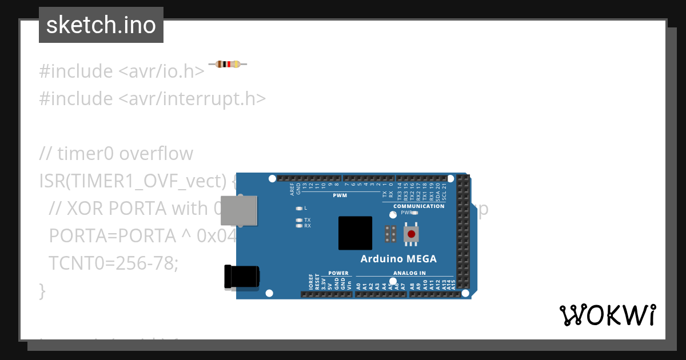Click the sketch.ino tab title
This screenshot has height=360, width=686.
coord(101,25)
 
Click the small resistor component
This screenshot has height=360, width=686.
coord(228,64)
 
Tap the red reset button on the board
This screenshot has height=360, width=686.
coord(411,234)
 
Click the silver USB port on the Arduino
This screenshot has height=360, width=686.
coord(238,210)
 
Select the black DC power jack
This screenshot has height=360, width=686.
coord(242,277)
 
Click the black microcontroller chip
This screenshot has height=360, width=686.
coord(355,233)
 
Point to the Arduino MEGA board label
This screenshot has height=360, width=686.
coord(398,259)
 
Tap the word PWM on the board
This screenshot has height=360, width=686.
coord(340,195)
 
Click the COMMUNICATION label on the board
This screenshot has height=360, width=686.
coord(419,206)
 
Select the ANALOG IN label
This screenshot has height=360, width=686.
coord(409,273)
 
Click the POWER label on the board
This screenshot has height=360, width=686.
coord(338,273)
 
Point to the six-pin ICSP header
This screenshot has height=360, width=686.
coord(391,234)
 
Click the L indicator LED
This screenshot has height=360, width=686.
coord(299,208)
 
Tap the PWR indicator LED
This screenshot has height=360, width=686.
coord(414,213)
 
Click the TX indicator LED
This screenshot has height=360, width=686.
coord(299,220)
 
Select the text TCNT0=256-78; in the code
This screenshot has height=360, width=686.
coord(114,263)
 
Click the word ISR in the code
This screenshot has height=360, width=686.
coord(51,181)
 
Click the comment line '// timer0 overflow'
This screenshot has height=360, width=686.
coord(116,154)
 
